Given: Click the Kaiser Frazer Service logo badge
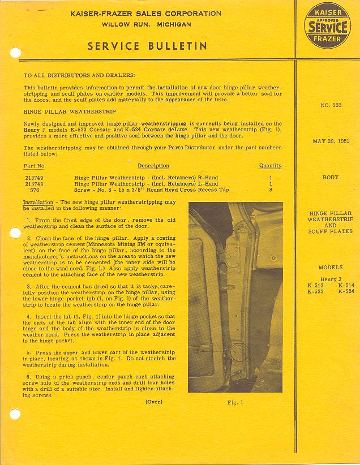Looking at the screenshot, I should click(327, 26).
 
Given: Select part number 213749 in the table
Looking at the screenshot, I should click(35, 178).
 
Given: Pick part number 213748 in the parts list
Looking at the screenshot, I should click(35, 184).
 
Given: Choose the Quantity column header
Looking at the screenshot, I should click(270, 166).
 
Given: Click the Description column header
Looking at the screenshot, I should click(153, 166).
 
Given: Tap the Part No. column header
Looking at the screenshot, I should click(35, 166).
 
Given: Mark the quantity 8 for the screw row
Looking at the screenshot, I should click(271, 191).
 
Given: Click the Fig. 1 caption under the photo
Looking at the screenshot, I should click(234, 403).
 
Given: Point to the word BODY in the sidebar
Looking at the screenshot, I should click(330, 178).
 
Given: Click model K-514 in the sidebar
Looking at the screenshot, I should click(346, 286).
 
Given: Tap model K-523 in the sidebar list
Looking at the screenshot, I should click(315, 292).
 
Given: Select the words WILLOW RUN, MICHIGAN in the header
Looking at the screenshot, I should click(146, 25).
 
